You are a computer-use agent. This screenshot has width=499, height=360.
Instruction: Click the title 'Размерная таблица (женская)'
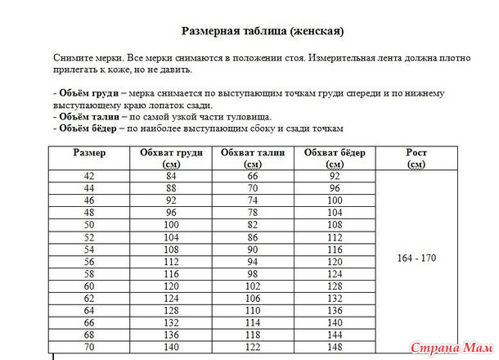click(x=262, y=32)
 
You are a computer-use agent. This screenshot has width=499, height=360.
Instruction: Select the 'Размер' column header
click(x=89, y=153)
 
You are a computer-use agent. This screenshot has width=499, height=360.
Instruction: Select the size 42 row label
click(x=89, y=176)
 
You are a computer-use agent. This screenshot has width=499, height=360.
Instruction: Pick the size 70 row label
click(x=89, y=347)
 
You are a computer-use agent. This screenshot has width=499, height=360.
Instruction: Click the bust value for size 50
click(x=171, y=224)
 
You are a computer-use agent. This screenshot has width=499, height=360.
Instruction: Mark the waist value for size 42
click(x=253, y=176)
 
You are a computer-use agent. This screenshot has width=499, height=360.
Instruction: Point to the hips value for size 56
click(x=335, y=261)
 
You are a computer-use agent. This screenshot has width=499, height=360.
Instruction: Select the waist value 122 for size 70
click(x=253, y=347)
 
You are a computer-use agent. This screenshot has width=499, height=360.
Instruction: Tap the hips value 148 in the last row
click(x=335, y=347)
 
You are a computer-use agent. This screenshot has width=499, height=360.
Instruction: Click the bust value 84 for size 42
click(x=171, y=176)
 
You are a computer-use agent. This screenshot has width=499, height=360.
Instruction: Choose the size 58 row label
click(x=89, y=273)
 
